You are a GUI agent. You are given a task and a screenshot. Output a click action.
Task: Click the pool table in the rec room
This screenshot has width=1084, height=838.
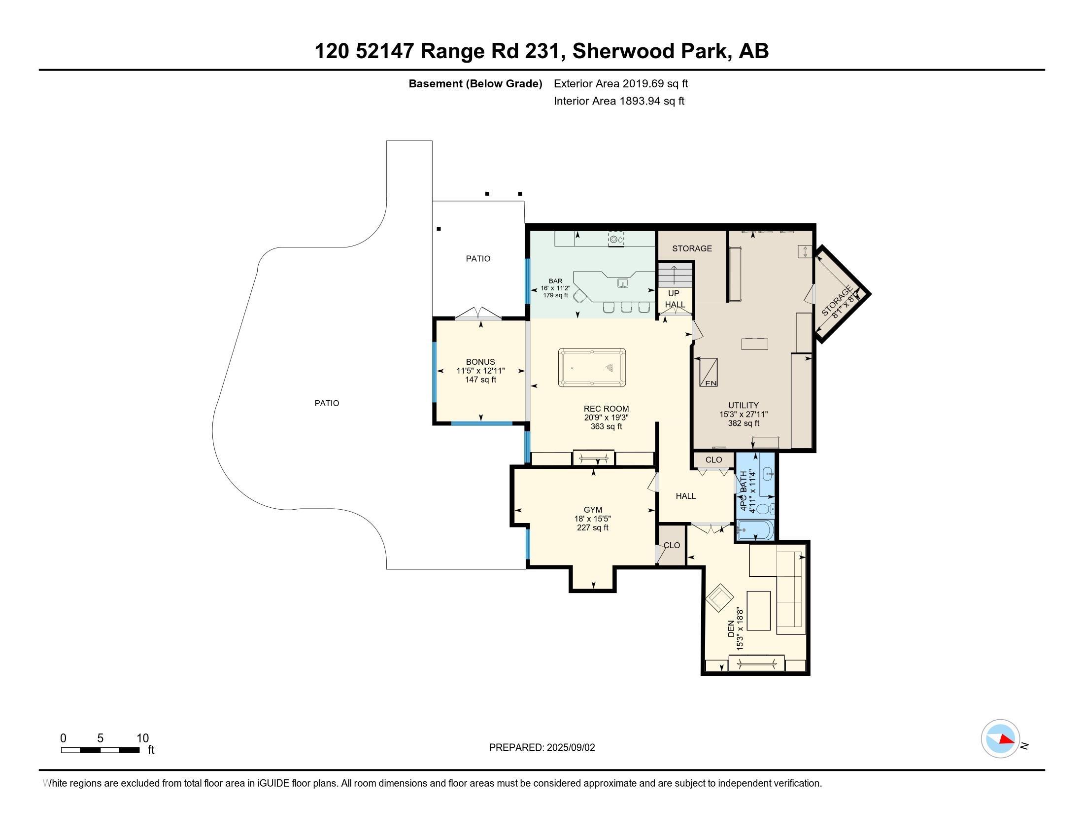coord(592,367)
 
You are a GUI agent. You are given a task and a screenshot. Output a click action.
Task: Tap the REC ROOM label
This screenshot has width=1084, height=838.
coord(606,409)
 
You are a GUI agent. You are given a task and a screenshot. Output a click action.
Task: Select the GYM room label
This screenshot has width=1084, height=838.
coord(593,510)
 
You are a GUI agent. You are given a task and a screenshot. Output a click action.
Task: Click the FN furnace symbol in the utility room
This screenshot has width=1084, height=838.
coord(708,372)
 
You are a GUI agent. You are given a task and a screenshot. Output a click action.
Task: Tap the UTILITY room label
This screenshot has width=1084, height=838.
coord(743,405)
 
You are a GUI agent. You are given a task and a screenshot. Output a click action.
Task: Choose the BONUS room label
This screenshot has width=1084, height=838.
coord(480,362)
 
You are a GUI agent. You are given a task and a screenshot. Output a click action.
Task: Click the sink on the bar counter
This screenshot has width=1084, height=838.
coord(623,283)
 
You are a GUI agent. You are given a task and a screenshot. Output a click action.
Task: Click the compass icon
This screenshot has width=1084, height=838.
coord(1000,739)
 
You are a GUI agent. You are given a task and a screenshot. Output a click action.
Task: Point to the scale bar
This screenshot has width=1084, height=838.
coord(100,750)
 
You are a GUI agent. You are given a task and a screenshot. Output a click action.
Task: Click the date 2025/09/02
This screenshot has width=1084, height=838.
coord(570,748)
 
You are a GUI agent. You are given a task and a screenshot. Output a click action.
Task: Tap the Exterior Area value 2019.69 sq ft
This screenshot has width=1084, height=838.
coord(655,83)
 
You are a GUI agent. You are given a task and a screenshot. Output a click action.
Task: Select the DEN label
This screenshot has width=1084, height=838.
coord(731,629)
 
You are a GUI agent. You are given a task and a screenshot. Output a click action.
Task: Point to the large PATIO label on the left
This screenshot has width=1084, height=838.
coord(327,403)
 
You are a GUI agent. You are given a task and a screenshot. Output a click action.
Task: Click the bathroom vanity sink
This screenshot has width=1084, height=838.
coord(767,474)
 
